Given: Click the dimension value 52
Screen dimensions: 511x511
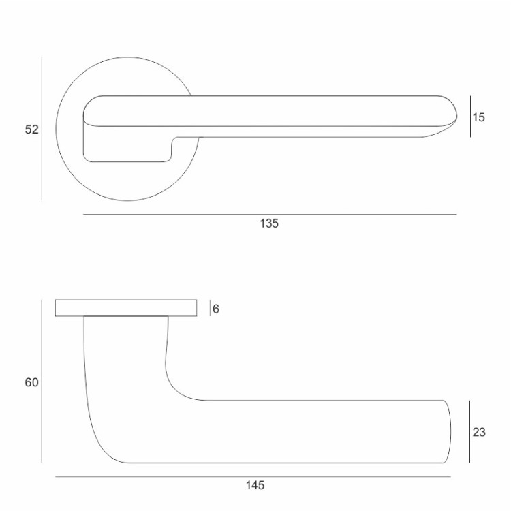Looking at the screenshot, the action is tap(31, 129).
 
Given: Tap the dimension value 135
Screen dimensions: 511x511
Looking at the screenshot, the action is tap(269, 223).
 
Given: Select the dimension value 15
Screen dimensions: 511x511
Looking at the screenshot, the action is tap(479, 117).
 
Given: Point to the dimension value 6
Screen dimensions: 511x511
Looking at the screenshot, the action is tap(216, 309).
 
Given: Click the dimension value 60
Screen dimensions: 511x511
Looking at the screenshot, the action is tap(31, 382).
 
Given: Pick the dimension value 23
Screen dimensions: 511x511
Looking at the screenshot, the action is tap(479, 432).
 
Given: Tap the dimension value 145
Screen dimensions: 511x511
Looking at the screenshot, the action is tap(255, 485).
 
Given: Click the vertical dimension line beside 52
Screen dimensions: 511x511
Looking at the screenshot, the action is tap(42, 129).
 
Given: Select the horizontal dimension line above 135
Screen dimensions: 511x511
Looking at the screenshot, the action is tap(270, 215).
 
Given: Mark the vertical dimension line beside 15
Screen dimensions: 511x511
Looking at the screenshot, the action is tap(470, 117).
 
